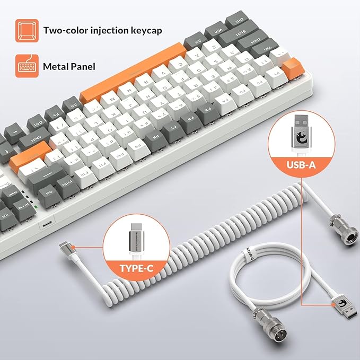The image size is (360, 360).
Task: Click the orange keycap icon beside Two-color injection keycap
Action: click(x=26, y=30)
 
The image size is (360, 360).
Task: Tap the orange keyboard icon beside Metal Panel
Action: click(x=26, y=67)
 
